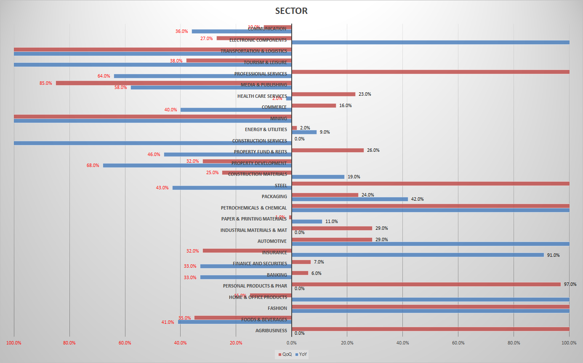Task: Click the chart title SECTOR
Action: click(x=291, y=11)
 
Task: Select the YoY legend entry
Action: click(x=301, y=355)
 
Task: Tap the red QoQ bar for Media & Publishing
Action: click(x=173, y=83)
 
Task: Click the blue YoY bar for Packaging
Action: click(x=349, y=199)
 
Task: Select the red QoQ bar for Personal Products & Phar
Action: click(x=426, y=284)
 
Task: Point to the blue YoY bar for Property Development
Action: click(x=197, y=165)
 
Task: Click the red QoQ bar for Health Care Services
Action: click(x=323, y=94)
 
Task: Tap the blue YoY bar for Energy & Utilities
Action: click(x=304, y=132)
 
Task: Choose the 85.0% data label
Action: click(x=45, y=83)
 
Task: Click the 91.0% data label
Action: click(x=553, y=255)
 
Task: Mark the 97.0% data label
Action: click(x=570, y=284)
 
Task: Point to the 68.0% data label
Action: click(x=93, y=165)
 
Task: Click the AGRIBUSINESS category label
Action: click(x=271, y=331)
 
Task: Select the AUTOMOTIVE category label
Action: click(x=272, y=241)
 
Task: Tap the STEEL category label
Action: click(x=281, y=186)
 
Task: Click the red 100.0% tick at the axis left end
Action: click(x=14, y=342)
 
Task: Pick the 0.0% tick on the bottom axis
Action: click(x=291, y=342)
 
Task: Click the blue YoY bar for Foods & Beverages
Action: click(x=234, y=322)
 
